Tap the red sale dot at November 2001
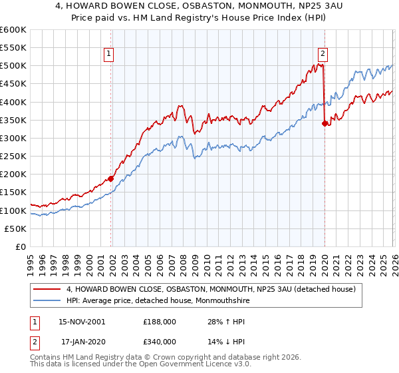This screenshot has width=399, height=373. tap(111, 179)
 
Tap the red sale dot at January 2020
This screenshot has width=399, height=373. tap(325, 123)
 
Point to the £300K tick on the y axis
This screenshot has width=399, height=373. tap(13, 138)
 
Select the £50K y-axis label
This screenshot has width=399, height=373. tap(16, 228)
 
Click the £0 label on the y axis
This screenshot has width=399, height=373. tap(21, 246)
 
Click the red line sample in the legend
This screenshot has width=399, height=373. tap(48, 289)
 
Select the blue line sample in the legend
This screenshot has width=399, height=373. tap(48, 300)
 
